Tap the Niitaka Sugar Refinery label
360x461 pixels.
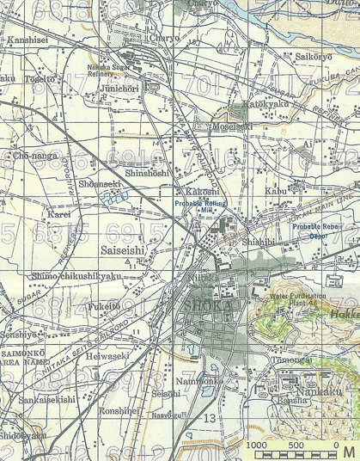tap(110, 69)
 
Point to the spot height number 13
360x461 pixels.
tap(211, 418)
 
